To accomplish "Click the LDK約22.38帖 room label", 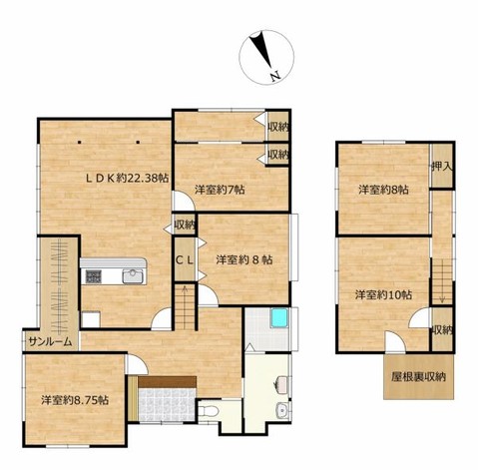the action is point(127,179).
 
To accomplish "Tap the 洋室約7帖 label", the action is point(220,190).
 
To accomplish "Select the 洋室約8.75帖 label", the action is point(75,400).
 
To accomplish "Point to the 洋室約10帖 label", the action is point(383,295).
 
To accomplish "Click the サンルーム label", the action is point(50,341).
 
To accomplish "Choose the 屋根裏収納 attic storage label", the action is point(418,377).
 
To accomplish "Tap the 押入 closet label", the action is point(442,167).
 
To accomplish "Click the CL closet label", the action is point(185,260).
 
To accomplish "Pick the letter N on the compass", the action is point(275,77).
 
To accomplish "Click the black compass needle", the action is point(260,49).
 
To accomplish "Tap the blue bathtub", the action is point(279,318).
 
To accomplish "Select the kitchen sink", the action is point(133,275).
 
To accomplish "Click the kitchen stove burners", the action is point(94,276).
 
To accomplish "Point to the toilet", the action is point(208,412).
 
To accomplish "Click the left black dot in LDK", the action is point(79,143).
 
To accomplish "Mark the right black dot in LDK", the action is point(138,143).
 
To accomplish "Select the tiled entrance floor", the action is point(167,405).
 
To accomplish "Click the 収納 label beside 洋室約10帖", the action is point(442,330).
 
